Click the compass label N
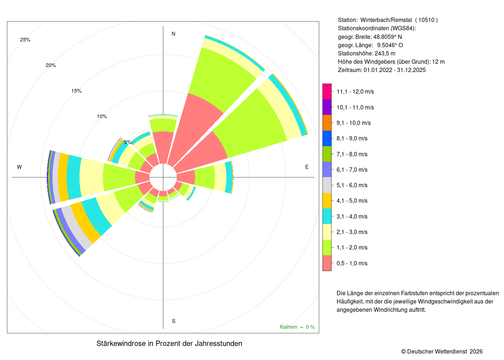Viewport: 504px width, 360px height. (x=174, y=34)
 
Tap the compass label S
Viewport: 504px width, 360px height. (x=174, y=321)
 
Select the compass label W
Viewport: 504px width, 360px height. (x=19, y=167)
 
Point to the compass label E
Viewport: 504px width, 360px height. (x=307, y=167)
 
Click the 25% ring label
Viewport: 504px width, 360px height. (x=25, y=40)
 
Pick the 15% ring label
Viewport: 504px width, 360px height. (x=76, y=91)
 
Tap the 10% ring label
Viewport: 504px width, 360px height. (x=102, y=116)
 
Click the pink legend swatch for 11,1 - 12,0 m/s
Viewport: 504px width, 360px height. (x=327, y=91)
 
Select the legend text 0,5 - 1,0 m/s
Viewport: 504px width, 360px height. (x=352, y=263)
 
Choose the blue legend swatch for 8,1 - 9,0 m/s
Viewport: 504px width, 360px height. (x=327, y=138)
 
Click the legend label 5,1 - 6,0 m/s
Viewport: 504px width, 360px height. (x=352, y=185)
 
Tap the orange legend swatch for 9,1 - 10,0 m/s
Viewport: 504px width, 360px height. (x=327, y=123)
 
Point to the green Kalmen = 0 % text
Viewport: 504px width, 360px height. (x=297, y=327)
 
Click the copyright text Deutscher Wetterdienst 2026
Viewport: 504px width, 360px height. (x=445, y=351)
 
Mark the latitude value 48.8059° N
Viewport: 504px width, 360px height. (x=387, y=37)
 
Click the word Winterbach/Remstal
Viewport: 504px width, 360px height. (x=386, y=20)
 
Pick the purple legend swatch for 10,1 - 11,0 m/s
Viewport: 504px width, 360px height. (x=327, y=107)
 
